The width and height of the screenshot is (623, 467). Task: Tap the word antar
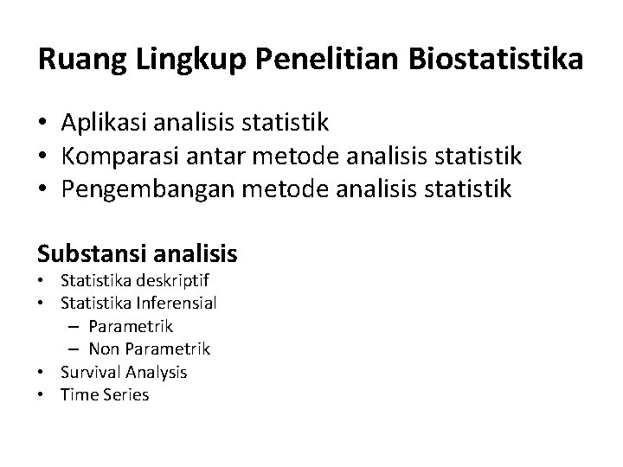click(x=211, y=157)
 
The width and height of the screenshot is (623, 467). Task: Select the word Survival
click(x=90, y=372)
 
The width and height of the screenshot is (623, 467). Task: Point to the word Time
click(x=78, y=394)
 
